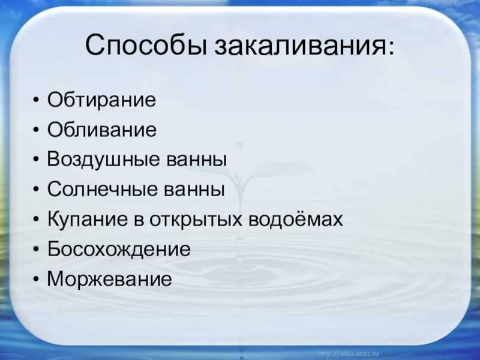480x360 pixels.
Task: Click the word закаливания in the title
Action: point(299,46)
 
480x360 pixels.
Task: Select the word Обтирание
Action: point(101,100)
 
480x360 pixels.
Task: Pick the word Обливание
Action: point(101,129)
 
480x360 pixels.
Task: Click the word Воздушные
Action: point(103,160)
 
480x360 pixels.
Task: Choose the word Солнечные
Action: point(102,189)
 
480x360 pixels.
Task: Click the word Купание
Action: point(88,219)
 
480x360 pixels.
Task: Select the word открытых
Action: point(196,220)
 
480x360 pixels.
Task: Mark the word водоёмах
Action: point(295,218)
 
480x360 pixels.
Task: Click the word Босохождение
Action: point(119,248)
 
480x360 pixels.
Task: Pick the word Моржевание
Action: point(109,278)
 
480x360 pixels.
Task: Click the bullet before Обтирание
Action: point(36,100)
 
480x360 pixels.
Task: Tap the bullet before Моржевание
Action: point(36,279)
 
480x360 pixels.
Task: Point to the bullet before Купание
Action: point(36,220)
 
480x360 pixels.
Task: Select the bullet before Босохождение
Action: point(36,249)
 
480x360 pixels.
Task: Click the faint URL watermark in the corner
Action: point(348,353)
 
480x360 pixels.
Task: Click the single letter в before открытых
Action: point(139,220)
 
